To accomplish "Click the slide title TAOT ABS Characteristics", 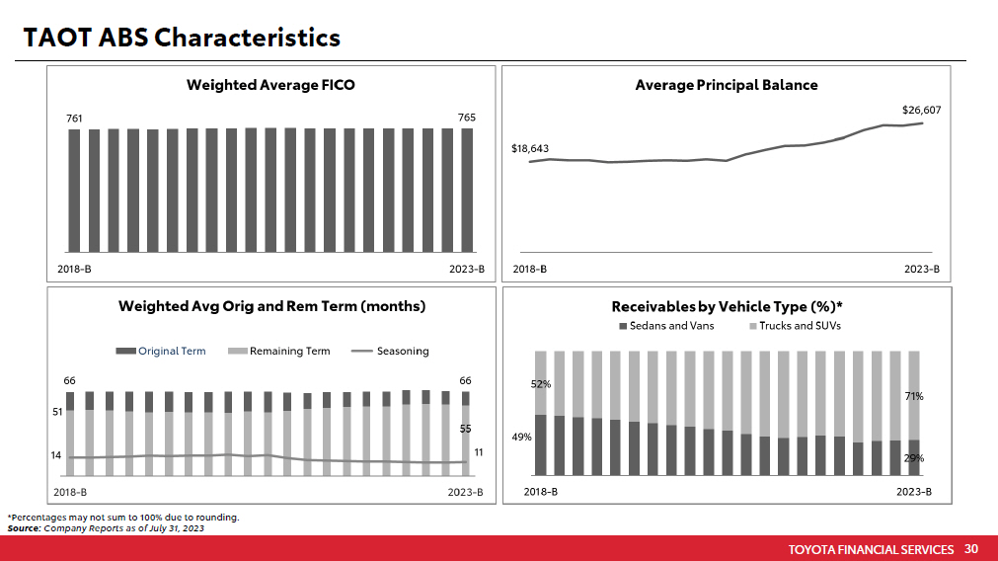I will (x=182, y=38).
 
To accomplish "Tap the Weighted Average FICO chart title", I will (x=270, y=85).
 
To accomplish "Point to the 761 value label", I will (x=74, y=118).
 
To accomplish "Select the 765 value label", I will (x=466, y=118).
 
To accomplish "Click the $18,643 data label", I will (x=530, y=149).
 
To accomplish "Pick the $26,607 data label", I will (x=921, y=110).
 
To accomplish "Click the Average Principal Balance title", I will (x=727, y=85).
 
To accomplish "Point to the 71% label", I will (x=913, y=396).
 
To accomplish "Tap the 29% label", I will (x=913, y=458).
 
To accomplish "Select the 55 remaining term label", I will (x=466, y=430).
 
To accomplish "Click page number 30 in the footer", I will (x=970, y=549).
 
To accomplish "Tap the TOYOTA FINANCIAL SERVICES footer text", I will (x=871, y=549).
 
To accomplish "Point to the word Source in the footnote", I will (x=24, y=528).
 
